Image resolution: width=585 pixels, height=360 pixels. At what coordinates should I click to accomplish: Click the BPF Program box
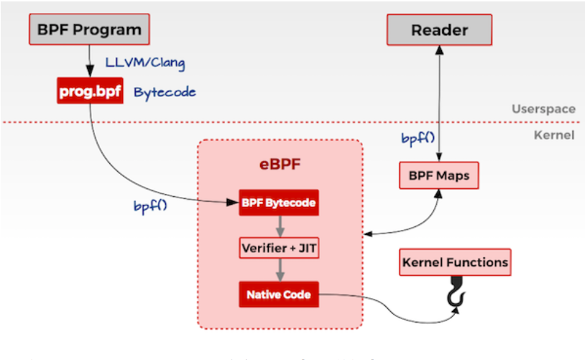(x=89, y=30)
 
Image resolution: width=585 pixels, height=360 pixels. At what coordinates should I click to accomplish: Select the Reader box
(x=439, y=30)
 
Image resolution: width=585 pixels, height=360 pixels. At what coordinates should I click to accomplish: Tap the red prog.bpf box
(x=90, y=93)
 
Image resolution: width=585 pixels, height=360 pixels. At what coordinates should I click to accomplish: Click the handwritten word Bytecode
(x=165, y=93)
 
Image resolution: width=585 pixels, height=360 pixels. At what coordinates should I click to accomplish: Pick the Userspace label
(x=543, y=109)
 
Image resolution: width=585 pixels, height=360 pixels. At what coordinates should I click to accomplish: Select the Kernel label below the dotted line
(x=555, y=134)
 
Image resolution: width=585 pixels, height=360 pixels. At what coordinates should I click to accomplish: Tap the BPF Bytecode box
(x=279, y=203)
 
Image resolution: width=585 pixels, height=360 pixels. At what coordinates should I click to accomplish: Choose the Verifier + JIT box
(x=279, y=248)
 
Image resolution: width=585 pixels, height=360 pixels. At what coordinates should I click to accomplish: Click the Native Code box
(x=279, y=294)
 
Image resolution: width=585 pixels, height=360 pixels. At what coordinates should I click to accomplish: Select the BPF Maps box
(x=439, y=175)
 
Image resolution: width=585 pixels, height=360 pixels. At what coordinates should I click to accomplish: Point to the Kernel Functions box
(x=454, y=262)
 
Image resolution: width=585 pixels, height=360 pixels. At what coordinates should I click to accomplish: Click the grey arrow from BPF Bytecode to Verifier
(x=279, y=226)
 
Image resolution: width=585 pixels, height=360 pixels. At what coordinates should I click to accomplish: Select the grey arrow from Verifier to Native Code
(x=279, y=271)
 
